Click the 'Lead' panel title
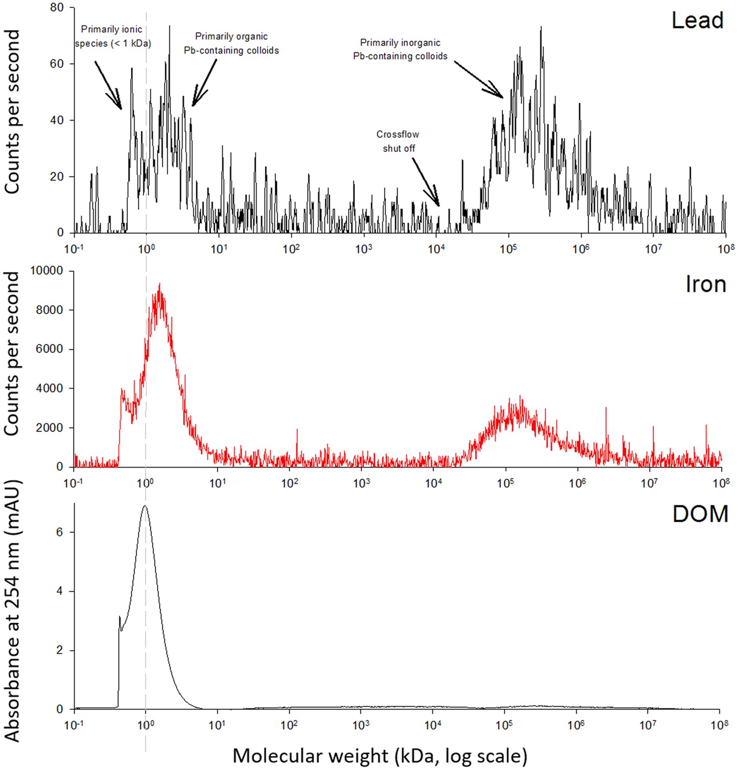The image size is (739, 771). point(697,21)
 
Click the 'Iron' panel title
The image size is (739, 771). point(705,284)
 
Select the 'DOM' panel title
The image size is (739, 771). point(700,514)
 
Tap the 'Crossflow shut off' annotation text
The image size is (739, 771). point(398,141)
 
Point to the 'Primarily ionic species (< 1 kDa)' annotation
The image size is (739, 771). point(113,37)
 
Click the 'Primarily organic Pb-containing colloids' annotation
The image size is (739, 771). point(231,43)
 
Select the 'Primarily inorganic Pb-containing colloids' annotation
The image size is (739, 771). point(400,49)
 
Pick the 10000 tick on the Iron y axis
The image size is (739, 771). point(46,271)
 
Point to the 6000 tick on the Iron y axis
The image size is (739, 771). point(49,349)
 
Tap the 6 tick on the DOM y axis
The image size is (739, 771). point(59,532)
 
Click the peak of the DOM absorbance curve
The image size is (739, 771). point(145,506)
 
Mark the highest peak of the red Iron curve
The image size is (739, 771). point(160,284)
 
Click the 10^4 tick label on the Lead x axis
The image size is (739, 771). point(436,248)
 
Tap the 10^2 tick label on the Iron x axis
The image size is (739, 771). point(290,483)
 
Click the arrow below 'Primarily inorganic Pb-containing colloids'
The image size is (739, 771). point(479,80)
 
